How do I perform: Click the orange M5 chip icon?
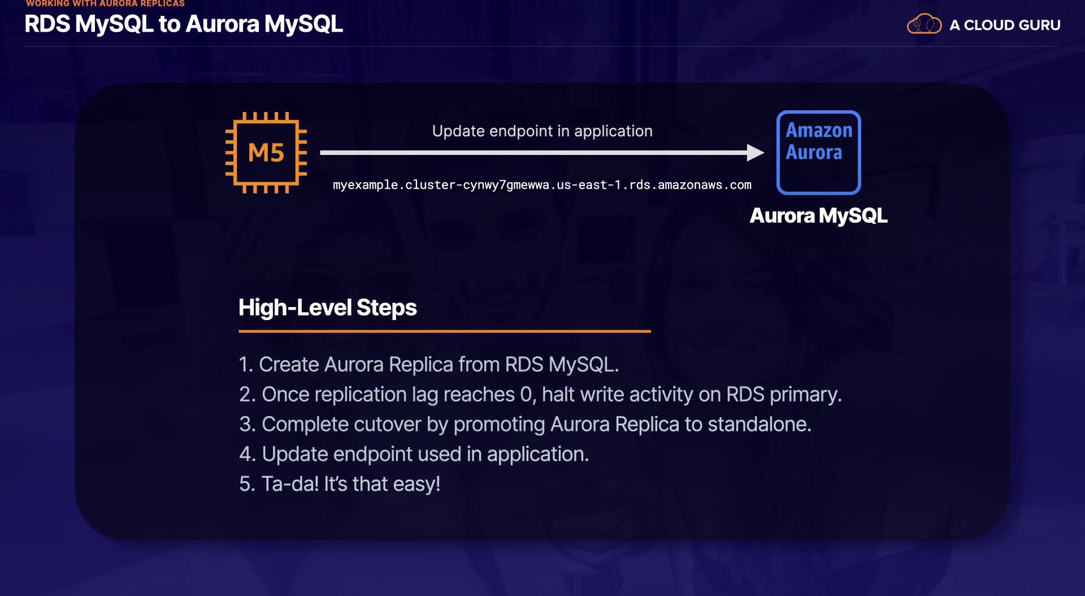click(266, 153)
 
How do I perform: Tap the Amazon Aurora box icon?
click(818, 152)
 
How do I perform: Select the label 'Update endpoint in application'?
click(542, 131)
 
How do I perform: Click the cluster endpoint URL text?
click(542, 185)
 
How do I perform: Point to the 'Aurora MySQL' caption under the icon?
click(818, 215)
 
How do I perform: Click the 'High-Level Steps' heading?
click(327, 308)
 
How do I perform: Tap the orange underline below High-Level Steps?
click(444, 331)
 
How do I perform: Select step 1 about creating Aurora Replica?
click(428, 365)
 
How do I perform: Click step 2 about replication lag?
click(540, 395)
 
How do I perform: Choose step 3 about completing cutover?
click(524, 424)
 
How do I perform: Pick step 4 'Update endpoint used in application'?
click(414, 454)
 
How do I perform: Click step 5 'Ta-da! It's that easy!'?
click(339, 484)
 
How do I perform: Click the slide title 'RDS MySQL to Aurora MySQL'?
click(184, 24)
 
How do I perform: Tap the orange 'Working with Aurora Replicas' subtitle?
click(105, 4)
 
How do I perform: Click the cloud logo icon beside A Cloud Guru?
click(924, 24)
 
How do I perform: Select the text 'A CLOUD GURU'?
click(1005, 25)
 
